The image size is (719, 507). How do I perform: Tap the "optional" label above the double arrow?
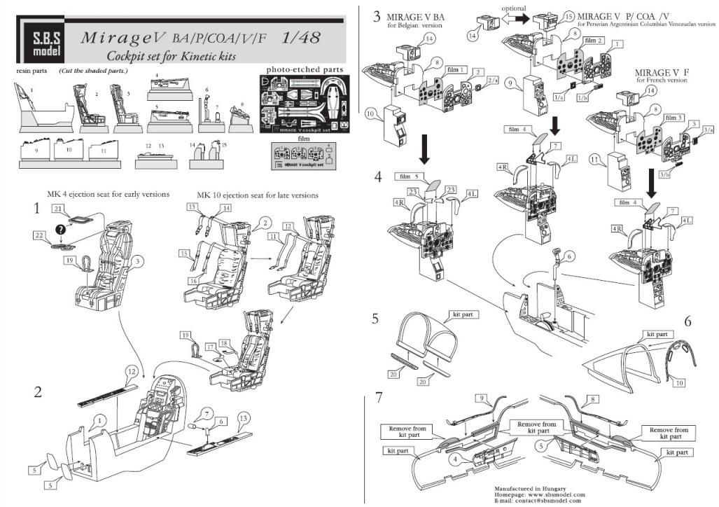pos(514,8)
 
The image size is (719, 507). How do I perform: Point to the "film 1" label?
pos(458,70)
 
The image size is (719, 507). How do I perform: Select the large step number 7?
pos(379,397)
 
